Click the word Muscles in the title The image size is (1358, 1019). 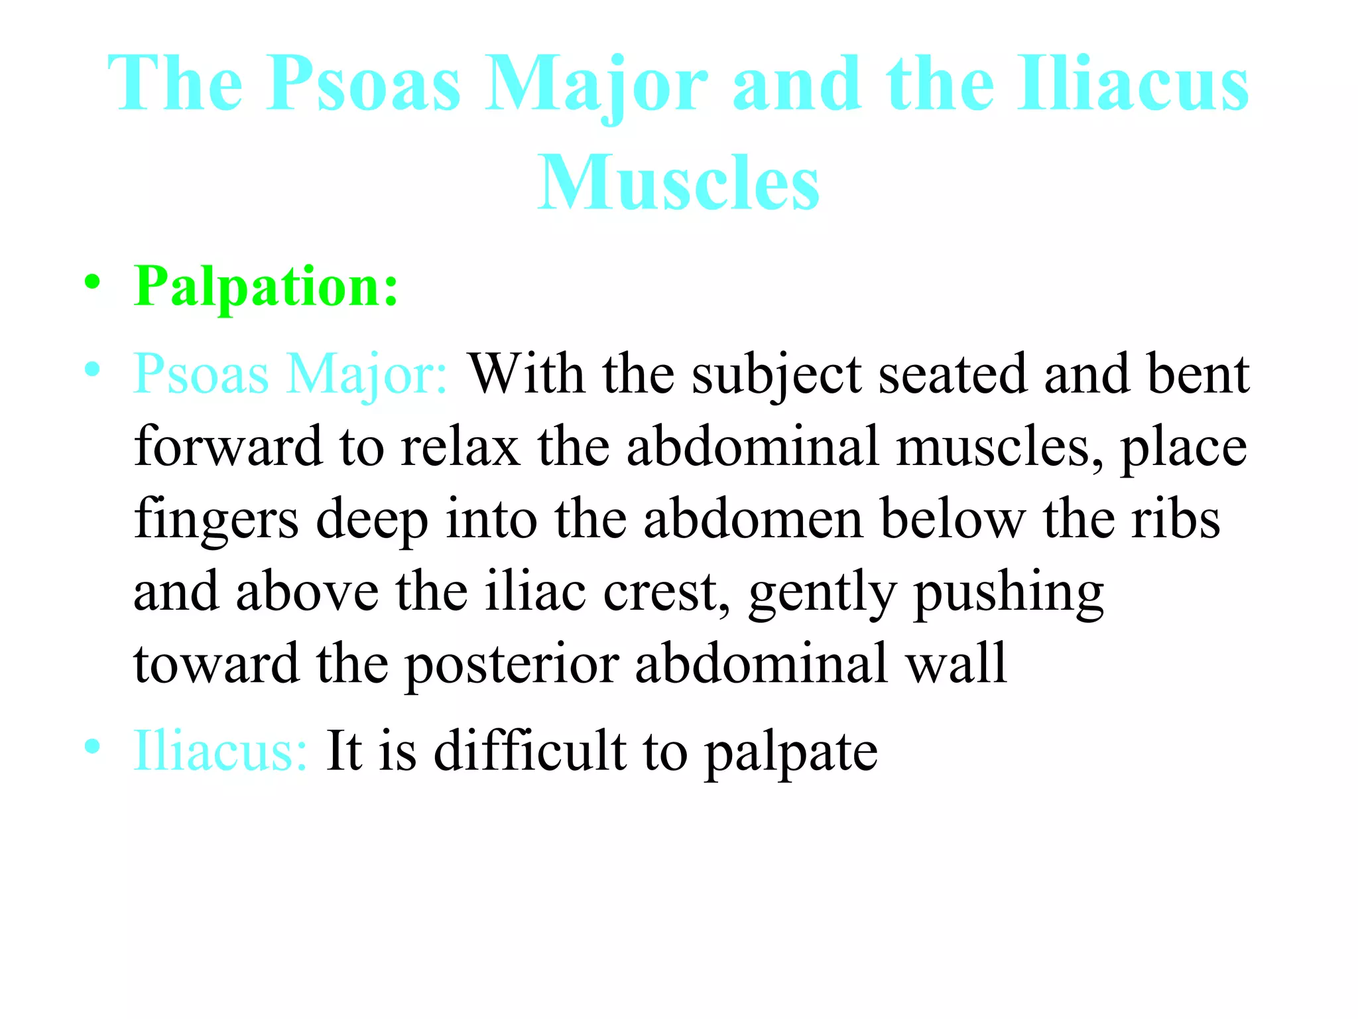[678, 182]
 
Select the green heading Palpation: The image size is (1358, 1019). [266, 287]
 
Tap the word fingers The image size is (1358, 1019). [216, 519]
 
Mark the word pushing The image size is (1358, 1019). [1009, 592]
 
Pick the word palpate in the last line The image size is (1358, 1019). [791, 752]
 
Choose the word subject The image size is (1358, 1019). [777, 375]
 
